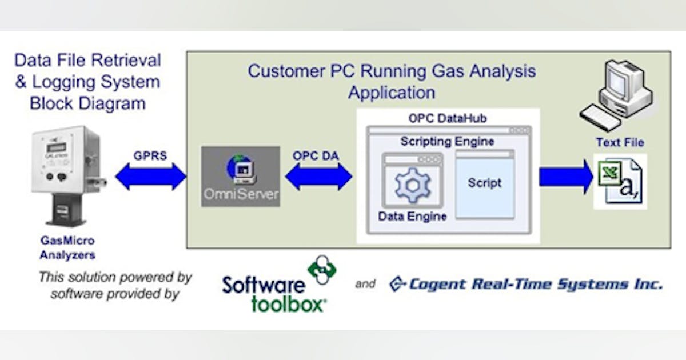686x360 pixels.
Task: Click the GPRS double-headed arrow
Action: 151,177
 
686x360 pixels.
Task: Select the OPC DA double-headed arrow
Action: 318,177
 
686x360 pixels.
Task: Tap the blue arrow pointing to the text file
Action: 565,177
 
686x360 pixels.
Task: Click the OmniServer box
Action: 241,177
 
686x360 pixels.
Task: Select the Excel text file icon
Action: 620,181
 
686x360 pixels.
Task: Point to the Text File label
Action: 620,142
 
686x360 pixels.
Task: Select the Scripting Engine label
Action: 447,141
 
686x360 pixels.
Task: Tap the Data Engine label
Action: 412,216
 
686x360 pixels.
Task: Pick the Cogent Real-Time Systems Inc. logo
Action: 526,284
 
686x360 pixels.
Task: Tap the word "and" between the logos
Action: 365,283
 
